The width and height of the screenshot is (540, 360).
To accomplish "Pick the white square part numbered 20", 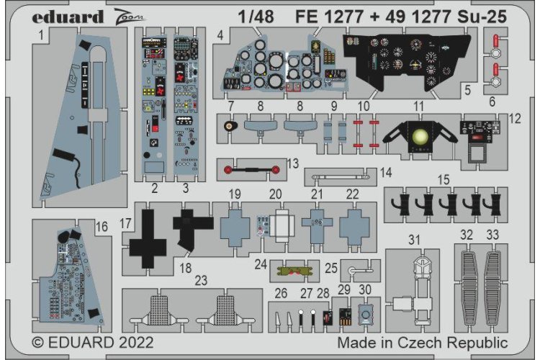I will (278, 225).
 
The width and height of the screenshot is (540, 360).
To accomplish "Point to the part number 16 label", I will (102, 227).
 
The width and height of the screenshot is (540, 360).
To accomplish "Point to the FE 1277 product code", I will (320, 15).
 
